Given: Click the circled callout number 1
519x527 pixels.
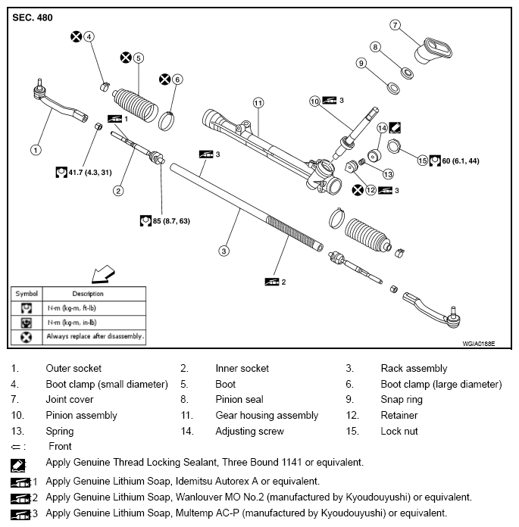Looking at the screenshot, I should [36, 150].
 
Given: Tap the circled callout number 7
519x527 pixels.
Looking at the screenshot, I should [395, 25].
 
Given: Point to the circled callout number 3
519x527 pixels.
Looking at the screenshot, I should [224, 251].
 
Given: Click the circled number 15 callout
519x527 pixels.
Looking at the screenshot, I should [423, 160].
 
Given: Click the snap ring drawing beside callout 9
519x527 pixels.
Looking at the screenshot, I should [393, 89].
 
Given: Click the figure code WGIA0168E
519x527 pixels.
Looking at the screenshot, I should [478, 345].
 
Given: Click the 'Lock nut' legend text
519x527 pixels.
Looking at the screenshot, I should [399, 432].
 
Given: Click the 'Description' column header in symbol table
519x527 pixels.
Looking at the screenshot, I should [88, 294].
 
